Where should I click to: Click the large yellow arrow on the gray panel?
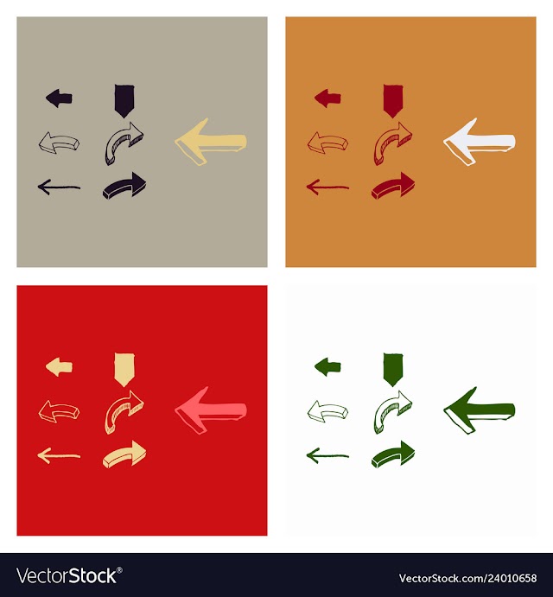click(211, 142)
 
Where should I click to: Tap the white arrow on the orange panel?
click(480, 142)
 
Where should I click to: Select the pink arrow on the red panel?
click(211, 411)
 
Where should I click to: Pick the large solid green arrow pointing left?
click(480, 411)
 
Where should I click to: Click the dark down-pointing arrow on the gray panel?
click(124, 100)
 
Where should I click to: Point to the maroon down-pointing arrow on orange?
click(393, 100)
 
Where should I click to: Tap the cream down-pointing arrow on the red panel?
click(124, 369)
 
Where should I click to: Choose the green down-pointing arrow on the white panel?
click(393, 369)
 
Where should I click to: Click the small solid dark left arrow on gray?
click(59, 98)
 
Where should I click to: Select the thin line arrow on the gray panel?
click(59, 187)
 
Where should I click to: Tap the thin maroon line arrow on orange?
click(328, 187)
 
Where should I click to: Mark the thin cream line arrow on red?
click(59, 456)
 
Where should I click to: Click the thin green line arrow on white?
click(328, 456)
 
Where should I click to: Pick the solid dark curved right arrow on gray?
click(124, 186)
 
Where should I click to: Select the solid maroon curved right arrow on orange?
click(393, 186)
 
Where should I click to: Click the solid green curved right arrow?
click(393, 455)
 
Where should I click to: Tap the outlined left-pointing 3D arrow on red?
click(59, 411)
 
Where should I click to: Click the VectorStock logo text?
click(69, 575)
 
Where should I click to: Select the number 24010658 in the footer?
click(511, 578)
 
